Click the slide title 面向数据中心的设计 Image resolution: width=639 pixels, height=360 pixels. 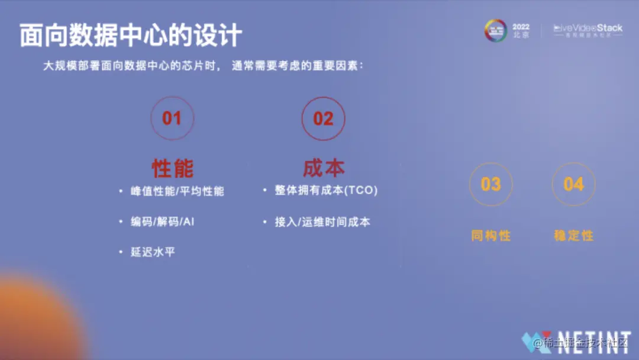(131, 35)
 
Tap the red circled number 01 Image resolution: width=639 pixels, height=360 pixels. (172, 118)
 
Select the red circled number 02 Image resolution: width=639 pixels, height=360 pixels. (323, 118)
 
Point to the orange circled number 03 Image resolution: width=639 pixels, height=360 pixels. (490, 184)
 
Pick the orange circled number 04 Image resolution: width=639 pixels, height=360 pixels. (573, 184)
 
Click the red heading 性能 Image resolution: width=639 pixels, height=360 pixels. (172, 168)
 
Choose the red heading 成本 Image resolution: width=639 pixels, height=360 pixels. (324, 168)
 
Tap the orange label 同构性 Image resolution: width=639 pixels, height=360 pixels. (490, 235)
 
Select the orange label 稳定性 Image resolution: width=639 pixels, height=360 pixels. (573, 235)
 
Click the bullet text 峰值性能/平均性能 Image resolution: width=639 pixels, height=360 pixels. (177, 191)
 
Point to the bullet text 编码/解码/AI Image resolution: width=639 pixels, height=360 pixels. (163, 222)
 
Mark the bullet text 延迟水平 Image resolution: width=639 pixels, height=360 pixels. (153, 252)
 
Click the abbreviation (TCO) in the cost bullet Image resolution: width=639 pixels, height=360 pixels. (361, 191)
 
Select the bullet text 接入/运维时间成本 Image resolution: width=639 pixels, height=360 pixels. (322, 222)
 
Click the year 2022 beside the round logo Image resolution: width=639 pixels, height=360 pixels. (521, 27)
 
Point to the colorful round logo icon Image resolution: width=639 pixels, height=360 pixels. (496, 30)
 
